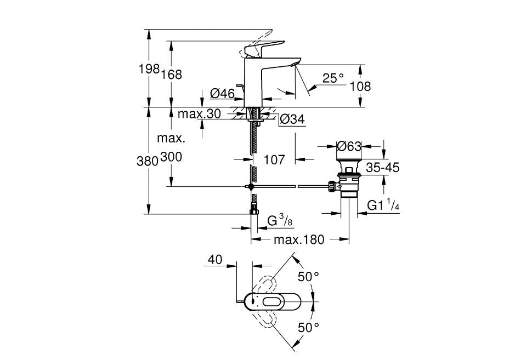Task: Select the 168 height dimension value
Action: click(171, 75)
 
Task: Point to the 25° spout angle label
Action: click(333, 78)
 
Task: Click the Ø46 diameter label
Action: click(223, 94)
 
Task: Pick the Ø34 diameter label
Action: click(292, 119)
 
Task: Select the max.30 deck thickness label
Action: click(199, 114)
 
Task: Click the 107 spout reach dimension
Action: click(274, 159)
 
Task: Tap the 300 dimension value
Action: click(172, 157)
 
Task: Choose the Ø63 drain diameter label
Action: click(349, 146)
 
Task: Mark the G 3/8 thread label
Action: click(279, 221)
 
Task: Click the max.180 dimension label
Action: click(299, 239)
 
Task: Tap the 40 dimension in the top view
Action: click(215, 260)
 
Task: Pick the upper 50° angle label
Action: click(308, 276)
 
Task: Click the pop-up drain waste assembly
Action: click(348, 178)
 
